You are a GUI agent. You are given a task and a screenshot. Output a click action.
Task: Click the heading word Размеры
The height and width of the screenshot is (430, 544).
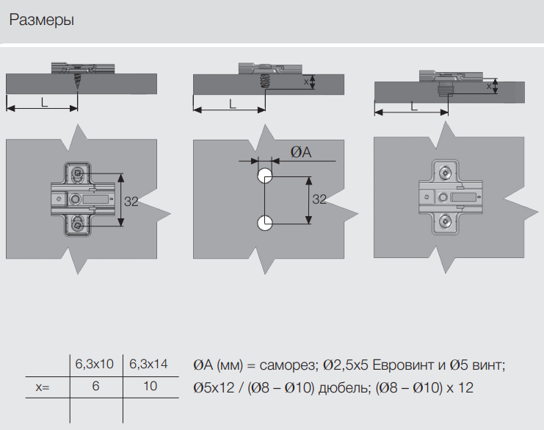pyautogui.click(x=41, y=20)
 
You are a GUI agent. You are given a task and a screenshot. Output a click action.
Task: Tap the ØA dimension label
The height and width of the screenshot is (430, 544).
pyautogui.click(x=300, y=152)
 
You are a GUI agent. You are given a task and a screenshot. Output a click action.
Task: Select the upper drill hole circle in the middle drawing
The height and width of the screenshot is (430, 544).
pyautogui.click(x=264, y=176)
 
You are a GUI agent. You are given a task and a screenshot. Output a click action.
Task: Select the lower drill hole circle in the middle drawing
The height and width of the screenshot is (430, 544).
pyautogui.click(x=264, y=222)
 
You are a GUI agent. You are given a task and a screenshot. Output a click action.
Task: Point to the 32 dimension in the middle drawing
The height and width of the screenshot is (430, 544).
pyautogui.click(x=319, y=199)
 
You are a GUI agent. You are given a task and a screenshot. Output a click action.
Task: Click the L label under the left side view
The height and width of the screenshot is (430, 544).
pyautogui.click(x=44, y=103)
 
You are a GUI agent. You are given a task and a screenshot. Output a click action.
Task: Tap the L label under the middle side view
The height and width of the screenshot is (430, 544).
pyautogui.click(x=232, y=104)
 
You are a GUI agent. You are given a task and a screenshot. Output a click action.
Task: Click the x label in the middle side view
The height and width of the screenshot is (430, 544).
pyautogui.click(x=306, y=82)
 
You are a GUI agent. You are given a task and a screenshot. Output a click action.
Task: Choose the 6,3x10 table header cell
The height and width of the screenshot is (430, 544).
pyautogui.click(x=95, y=364)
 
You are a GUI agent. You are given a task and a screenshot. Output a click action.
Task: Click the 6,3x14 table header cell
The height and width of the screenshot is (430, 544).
pyautogui.click(x=149, y=364)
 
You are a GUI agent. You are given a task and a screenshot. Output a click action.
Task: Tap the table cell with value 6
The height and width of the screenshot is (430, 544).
pyautogui.click(x=95, y=386)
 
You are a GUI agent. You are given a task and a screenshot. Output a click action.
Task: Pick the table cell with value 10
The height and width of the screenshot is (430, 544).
pyautogui.click(x=150, y=386)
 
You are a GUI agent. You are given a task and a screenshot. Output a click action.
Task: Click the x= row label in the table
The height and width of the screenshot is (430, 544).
pyautogui.click(x=43, y=386)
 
